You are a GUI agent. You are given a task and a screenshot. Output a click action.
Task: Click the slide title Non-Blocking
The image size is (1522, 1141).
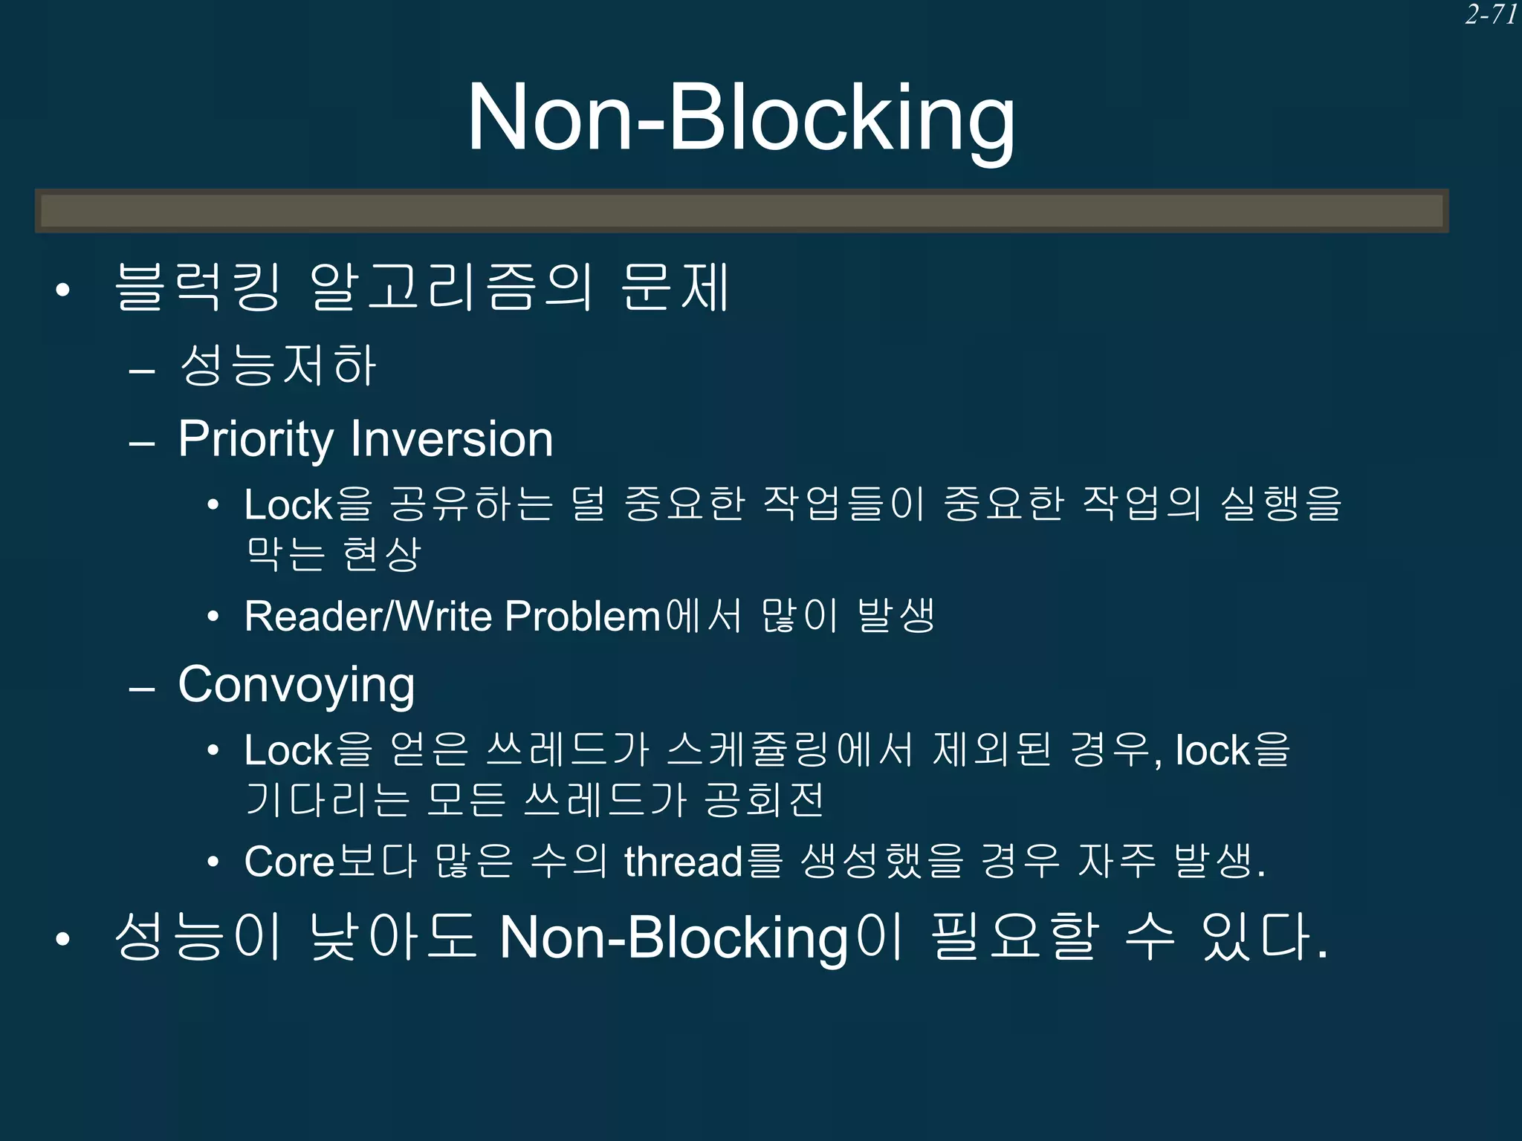point(740,119)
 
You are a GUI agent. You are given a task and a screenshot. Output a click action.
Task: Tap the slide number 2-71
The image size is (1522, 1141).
point(1491,15)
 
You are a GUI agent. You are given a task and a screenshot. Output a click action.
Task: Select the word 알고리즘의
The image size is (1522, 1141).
point(451,287)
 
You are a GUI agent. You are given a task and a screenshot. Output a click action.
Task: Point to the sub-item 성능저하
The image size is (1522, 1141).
point(278,365)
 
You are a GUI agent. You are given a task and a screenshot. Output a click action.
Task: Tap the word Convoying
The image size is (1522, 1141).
point(296,685)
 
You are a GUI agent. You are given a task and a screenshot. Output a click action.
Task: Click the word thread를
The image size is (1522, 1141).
point(703,861)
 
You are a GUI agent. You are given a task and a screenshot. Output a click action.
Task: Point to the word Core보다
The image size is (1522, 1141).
point(330,861)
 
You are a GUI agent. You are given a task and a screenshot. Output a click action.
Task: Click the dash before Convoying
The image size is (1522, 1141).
point(141,689)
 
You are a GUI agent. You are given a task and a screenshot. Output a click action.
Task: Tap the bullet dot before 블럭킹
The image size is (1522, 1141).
point(63,290)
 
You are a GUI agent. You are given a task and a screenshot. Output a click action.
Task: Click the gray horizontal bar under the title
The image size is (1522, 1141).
point(742,211)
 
